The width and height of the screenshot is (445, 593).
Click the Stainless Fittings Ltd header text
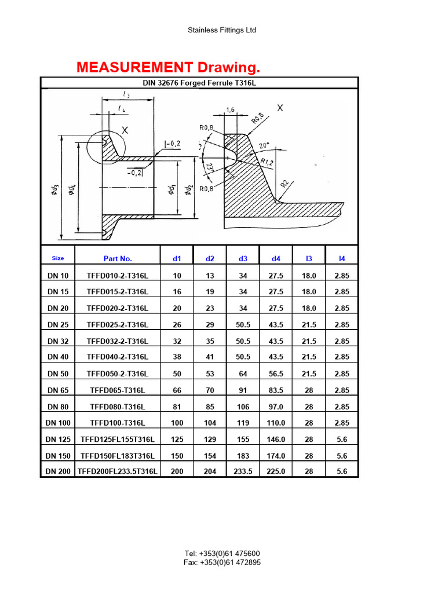coord(222,30)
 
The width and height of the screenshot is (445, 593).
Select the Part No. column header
coord(118,259)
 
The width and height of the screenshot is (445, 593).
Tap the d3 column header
coord(243,259)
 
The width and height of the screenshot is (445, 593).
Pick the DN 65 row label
coord(58,391)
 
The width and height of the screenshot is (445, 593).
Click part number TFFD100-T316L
coord(118,423)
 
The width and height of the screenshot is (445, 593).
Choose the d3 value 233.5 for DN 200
coord(243,471)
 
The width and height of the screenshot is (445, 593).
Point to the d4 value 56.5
coord(276,374)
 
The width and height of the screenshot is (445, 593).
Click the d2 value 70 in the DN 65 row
coord(210,391)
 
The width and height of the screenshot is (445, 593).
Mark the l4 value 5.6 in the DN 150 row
coord(341,456)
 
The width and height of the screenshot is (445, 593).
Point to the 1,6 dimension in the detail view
coord(230,109)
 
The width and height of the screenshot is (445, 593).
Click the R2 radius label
coord(284,184)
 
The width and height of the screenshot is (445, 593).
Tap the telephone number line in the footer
coord(222,554)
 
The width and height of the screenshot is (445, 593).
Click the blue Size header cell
coord(58,258)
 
